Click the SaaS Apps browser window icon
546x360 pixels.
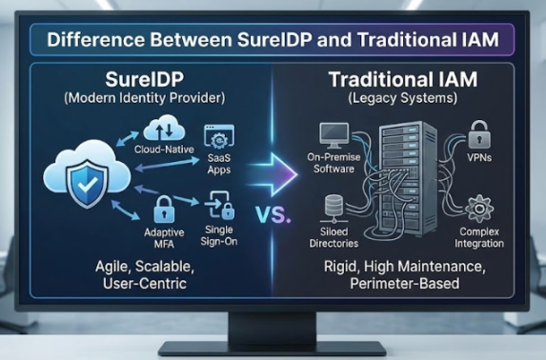(x=218, y=139)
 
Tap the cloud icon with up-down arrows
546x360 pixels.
(x=158, y=129)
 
